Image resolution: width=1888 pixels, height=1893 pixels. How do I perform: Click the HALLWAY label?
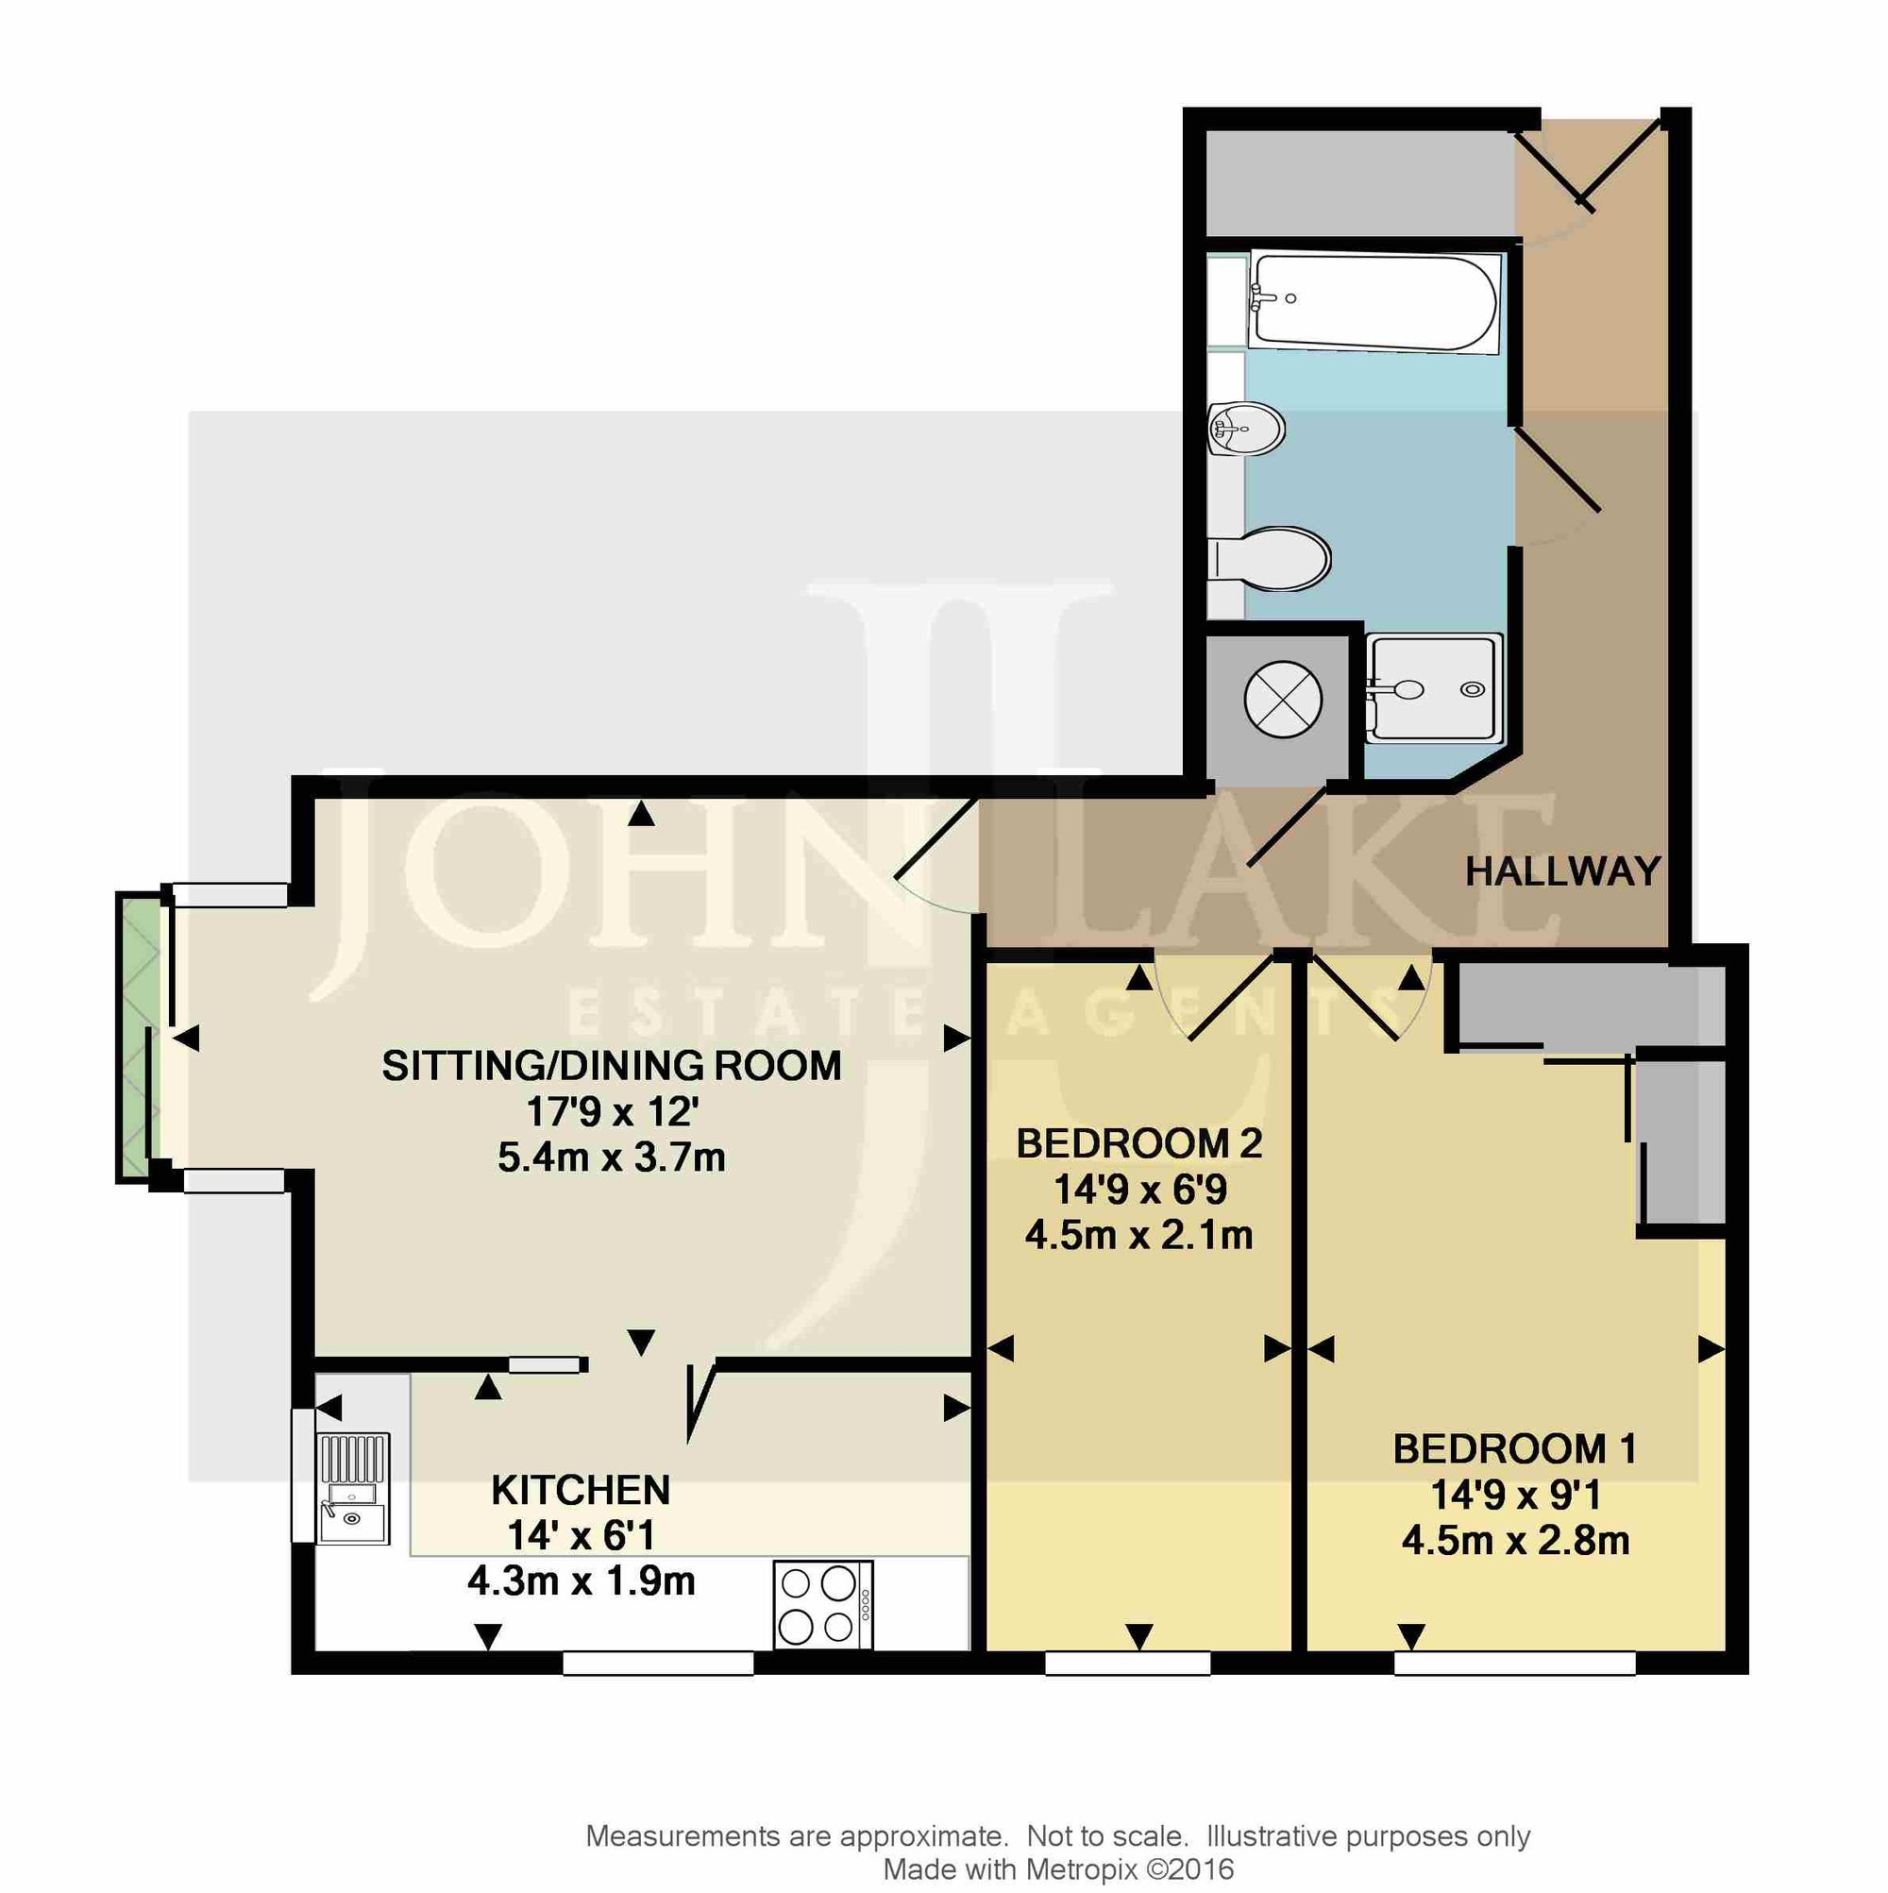click(1561, 871)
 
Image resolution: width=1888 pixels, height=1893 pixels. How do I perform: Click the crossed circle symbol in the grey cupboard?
click(1283, 700)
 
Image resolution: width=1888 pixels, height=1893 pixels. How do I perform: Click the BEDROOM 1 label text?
click(1515, 1449)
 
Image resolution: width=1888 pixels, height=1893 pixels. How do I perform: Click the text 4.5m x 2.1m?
click(1139, 1235)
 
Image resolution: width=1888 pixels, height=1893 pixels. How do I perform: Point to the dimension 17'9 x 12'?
click(613, 1111)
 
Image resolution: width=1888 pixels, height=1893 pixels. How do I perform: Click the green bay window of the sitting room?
click(138, 1039)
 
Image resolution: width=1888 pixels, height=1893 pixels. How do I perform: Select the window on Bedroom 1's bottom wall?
click(1515, 1663)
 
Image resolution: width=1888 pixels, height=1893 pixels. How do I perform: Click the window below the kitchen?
click(657, 1663)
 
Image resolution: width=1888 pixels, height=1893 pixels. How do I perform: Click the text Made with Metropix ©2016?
click(1058, 1869)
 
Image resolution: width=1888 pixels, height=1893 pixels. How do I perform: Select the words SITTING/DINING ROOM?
click(612, 1065)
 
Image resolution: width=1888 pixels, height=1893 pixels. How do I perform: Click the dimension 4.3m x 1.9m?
click(581, 1580)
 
